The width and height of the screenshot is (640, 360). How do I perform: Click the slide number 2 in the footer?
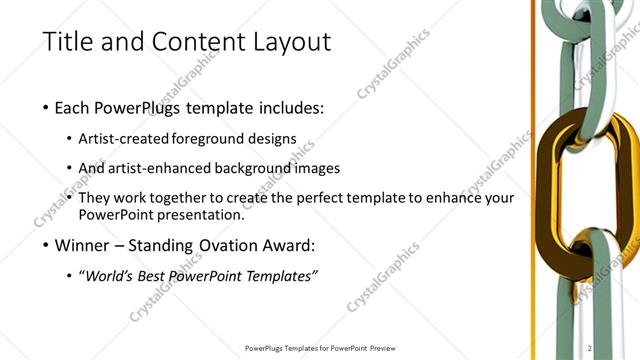click(591, 348)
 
